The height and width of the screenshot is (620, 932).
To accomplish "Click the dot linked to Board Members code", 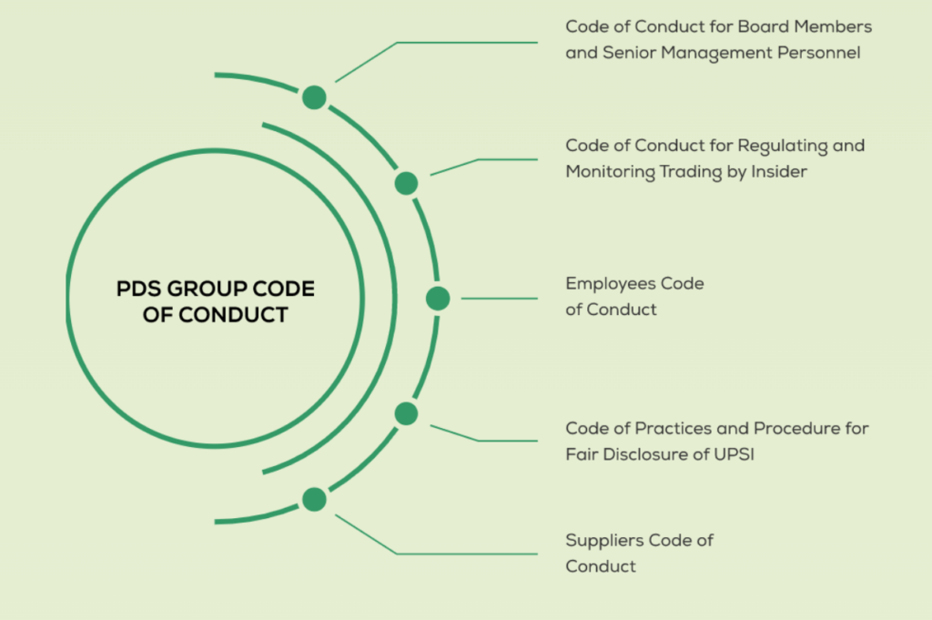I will (314, 97).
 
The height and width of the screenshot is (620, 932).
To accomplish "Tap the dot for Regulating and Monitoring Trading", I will (406, 183).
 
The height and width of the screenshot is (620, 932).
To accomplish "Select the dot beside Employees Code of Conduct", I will (438, 298).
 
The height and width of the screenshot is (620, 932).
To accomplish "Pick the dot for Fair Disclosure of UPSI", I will (406, 413).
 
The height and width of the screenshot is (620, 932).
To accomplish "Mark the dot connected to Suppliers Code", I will (314, 499).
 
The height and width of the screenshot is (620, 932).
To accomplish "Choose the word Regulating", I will (782, 146).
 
